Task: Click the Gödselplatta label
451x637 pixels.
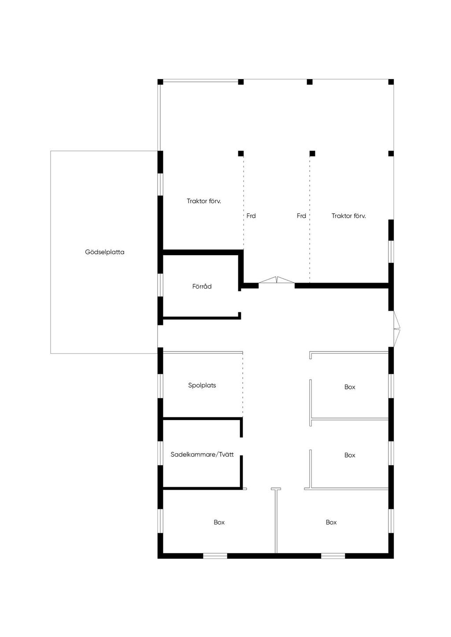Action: [105, 253]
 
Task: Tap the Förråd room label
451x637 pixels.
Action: [202, 286]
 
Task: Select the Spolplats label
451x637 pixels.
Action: [202, 385]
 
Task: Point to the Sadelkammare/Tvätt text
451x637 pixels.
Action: [202, 454]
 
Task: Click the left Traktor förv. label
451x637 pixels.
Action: [203, 201]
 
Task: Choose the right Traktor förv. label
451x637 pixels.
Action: [348, 216]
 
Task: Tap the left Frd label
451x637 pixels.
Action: [251, 216]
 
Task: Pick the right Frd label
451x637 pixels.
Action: [301, 216]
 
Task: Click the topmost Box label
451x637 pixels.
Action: [350, 387]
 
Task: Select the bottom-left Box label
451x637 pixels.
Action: [219, 522]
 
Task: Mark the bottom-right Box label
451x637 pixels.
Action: [331, 522]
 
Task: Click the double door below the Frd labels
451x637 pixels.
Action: [277, 281]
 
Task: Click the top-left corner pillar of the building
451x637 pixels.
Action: [160, 82]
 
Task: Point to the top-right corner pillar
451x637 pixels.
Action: [391, 82]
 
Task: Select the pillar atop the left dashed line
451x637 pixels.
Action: [241, 154]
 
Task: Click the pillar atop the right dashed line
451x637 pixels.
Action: [312, 154]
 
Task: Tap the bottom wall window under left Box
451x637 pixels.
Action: [215, 556]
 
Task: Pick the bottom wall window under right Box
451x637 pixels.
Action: [333, 556]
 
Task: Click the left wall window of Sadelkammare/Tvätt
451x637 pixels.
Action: [161, 453]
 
